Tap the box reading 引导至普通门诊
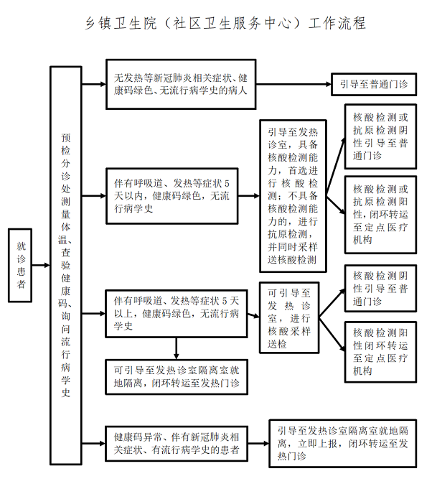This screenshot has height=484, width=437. (372, 84)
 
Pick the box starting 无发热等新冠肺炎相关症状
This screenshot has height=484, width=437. (181, 84)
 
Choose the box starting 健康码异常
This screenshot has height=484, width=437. (176, 442)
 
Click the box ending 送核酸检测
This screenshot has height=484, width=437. (293, 196)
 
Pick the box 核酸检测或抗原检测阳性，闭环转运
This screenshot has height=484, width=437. (380, 213)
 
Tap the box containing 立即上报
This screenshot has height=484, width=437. (342, 444)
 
